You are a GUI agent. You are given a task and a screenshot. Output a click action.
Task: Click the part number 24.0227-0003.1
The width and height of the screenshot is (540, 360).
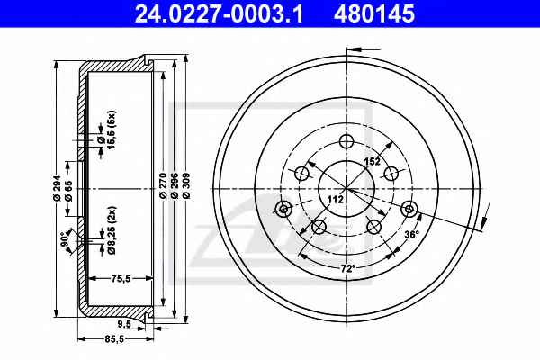(219, 13)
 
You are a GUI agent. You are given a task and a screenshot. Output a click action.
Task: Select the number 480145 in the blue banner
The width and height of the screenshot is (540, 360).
(374, 13)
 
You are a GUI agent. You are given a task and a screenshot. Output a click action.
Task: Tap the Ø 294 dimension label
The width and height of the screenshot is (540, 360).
(58, 188)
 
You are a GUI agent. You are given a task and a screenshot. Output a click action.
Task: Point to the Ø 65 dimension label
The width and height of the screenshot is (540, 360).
(68, 191)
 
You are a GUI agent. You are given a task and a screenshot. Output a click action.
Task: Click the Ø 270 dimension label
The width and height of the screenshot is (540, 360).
(164, 185)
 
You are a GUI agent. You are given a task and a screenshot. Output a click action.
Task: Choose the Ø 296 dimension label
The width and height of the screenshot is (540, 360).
(175, 185)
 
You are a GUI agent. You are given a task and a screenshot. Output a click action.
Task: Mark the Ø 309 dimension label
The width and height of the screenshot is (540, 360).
(186, 185)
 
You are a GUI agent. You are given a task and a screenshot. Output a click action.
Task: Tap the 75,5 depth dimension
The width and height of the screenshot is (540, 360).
(121, 278)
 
